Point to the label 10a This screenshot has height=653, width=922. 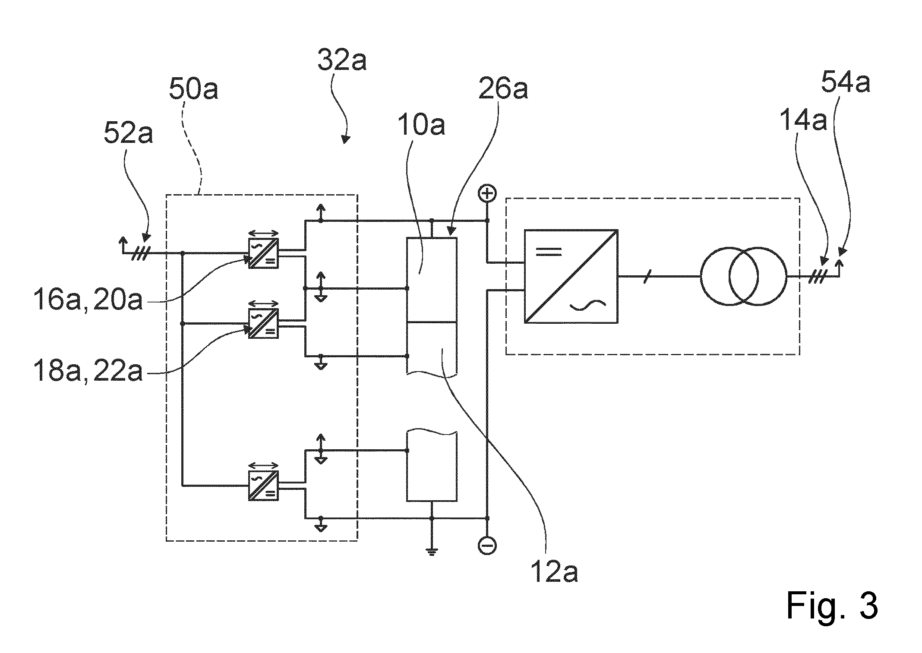(420, 125)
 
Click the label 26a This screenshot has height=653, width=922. (503, 89)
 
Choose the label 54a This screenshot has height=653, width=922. (845, 83)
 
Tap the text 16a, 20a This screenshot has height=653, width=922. (88, 300)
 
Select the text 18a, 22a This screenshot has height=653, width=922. (88, 371)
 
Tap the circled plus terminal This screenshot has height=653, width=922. (487, 194)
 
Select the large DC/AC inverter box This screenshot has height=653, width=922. (571, 276)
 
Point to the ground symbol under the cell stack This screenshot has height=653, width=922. (432, 551)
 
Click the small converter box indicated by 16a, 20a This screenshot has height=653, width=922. (263, 253)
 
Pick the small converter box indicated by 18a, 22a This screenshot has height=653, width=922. (263, 323)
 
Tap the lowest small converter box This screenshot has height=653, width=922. (263, 486)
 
